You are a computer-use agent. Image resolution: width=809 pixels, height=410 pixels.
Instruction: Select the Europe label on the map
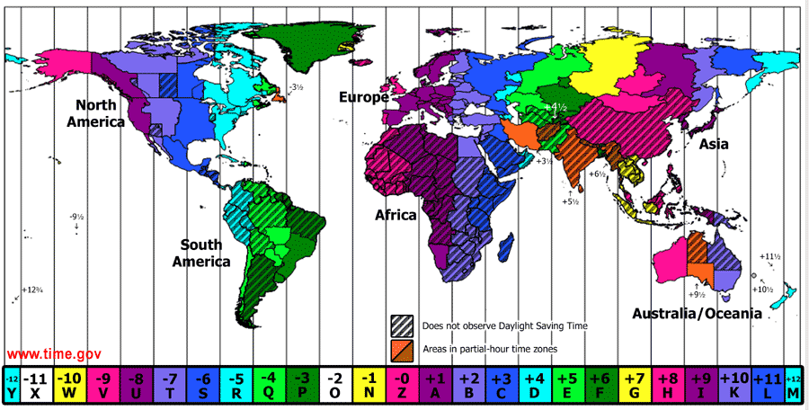[x=364, y=97]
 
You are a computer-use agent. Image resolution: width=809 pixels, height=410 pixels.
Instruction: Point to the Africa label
[x=396, y=216]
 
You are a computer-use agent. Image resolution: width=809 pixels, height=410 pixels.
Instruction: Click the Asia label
[x=714, y=144]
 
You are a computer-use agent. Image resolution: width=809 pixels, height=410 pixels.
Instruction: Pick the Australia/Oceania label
[x=697, y=314]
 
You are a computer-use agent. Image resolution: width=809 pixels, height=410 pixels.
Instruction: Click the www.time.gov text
[x=54, y=354]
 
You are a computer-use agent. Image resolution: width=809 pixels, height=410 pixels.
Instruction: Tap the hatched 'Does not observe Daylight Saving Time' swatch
[x=401, y=325]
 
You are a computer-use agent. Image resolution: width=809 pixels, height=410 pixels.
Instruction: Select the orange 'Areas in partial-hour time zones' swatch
[x=401, y=347]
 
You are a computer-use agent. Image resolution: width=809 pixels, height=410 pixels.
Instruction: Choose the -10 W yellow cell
[x=70, y=385]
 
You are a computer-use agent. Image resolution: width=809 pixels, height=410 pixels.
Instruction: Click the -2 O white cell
[x=333, y=385]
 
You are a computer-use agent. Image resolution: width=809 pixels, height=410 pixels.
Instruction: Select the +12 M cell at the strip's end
[x=794, y=385]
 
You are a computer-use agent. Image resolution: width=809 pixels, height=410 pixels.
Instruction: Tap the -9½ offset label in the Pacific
[x=76, y=217]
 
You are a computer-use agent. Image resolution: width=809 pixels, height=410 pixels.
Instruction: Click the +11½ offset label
[x=769, y=257]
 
